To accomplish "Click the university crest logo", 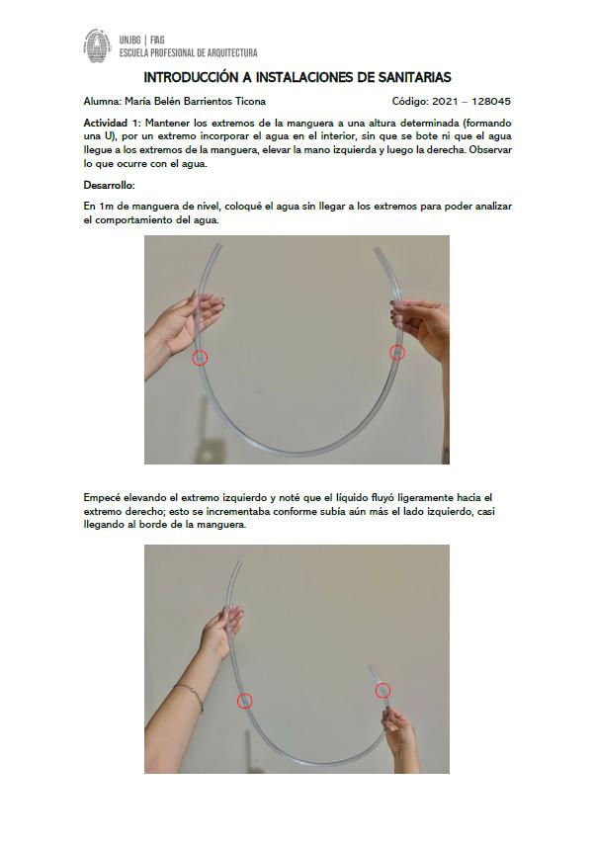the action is [x=97, y=45].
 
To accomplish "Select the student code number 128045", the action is [x=491, y=101].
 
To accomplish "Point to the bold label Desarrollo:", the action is [x=109, y=185].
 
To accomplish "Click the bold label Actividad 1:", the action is [x=113, y=123].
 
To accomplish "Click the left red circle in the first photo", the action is [x=200, y=358].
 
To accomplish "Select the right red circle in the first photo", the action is [x=397, y=353].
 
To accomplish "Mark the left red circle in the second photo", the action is [x=244, y=701].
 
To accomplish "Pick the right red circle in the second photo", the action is [x=382, y=691].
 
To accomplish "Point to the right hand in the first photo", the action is [x=421, y=324].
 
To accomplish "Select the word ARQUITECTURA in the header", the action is [x=230, y=53].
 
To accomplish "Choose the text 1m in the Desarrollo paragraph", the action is [x=105, y=207].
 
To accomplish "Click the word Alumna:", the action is [x=102, y=101].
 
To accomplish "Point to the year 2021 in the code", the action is [x=444, y=101].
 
